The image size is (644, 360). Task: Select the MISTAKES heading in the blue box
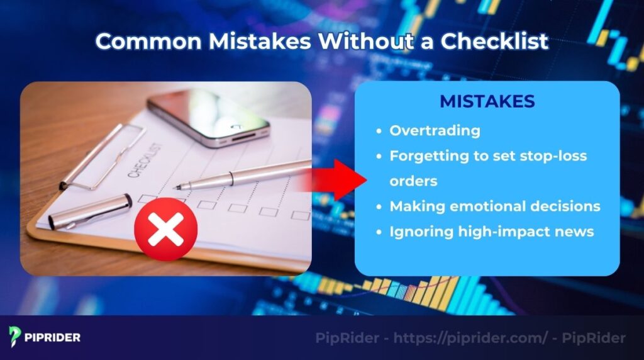click(487, 101)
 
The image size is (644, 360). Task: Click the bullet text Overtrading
click(435, 131)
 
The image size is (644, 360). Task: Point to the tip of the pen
click(177, 186)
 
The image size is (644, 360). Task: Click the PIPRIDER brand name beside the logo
click(53, 337)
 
